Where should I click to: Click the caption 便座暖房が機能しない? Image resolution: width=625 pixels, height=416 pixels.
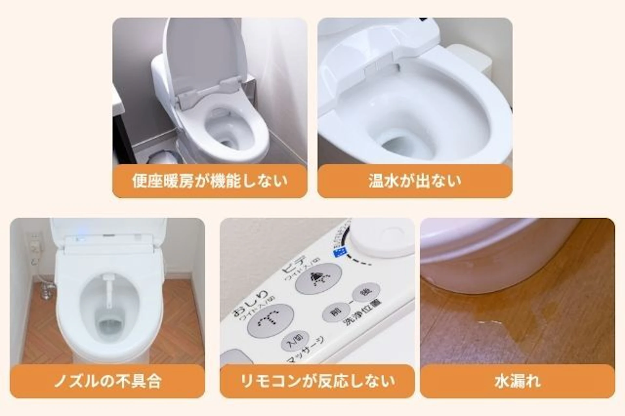[210, 181]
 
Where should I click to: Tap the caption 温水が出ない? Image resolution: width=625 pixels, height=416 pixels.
[415, 181]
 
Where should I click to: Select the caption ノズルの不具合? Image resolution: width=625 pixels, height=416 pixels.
[107, 381]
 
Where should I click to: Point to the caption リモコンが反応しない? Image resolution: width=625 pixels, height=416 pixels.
[317, 381]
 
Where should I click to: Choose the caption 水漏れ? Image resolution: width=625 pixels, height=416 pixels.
[518, 381]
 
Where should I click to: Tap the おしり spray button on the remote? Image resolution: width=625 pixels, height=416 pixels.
[270, 320]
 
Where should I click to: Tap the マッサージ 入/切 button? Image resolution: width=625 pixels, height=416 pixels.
[295, 341]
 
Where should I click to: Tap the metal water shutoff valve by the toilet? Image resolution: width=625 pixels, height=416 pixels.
[47, 290]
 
